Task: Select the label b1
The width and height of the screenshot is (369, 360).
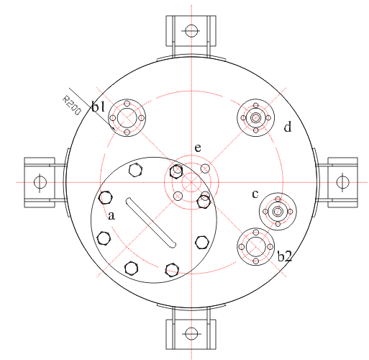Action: click(x=99, y=107)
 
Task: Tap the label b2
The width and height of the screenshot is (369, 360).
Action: click(x=284, y=256)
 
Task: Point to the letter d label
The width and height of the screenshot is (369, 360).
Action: click(x=287, y=127)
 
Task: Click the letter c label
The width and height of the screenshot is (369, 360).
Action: click(x=255, y=194)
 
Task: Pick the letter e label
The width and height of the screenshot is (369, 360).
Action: click(x=197, y=148)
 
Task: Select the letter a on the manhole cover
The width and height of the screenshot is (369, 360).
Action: click(x=111, y=215)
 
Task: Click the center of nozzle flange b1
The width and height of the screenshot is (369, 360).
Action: click(x=127, y=118)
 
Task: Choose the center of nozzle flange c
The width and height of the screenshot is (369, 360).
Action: click(x=277, y=211)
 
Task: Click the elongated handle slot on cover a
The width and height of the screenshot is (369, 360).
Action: click(x=151, y=223)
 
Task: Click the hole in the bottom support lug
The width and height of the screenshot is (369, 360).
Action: click(x=191, y=333)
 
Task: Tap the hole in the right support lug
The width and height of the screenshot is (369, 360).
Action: click(x=342, y=182)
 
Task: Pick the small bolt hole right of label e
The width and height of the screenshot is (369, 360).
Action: click(x=205, y=168)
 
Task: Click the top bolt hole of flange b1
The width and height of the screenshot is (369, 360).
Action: click(x=127, y=104)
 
